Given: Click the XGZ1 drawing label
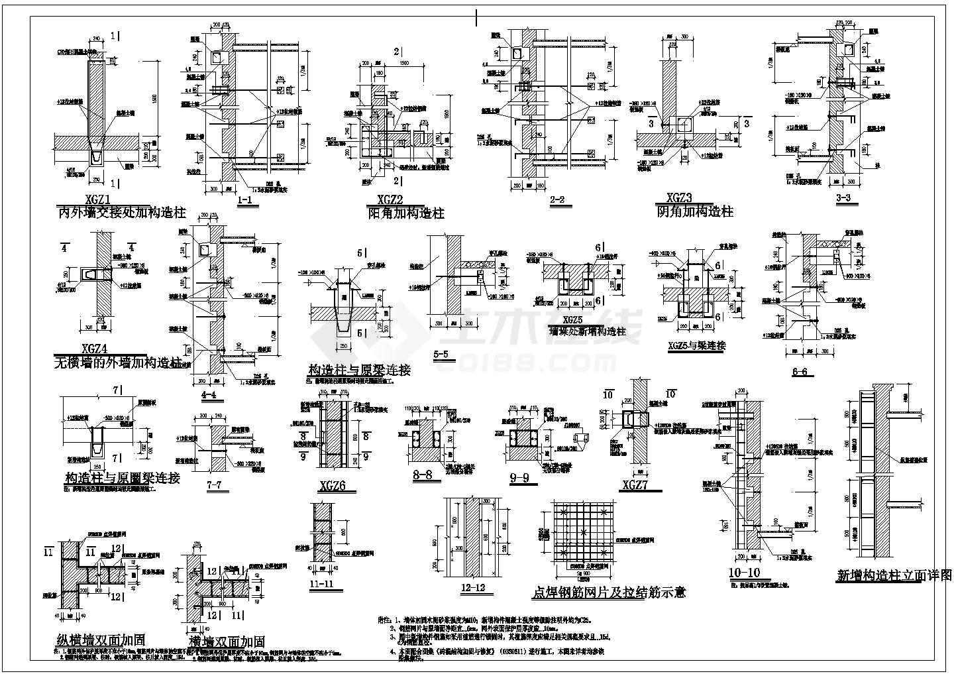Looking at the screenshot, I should pyautogui.click(x=97, y=199).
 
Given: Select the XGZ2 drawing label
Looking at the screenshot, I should pyautogui.click(x=396, y=201).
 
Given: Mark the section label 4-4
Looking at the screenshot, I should pyautogui.click(x=208, y=395).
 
